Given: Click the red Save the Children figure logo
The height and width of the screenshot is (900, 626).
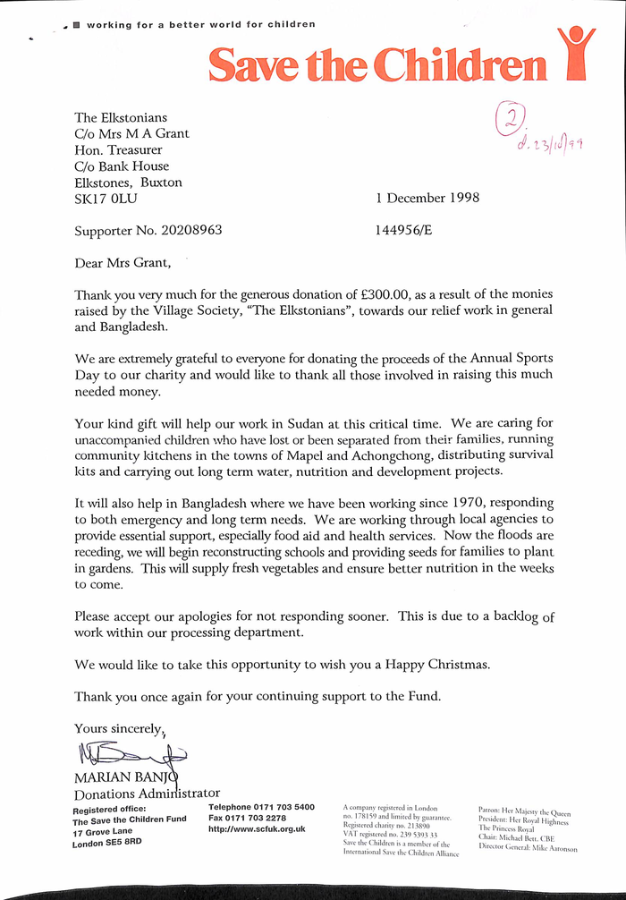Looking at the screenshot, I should (x=575, y=54).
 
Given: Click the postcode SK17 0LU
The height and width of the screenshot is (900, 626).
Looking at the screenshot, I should (x=106, y=199).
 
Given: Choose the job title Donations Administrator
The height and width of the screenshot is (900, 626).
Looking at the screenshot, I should (x=147, y=793).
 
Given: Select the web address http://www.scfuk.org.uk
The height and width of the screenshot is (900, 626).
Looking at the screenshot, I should (x=257, y=829).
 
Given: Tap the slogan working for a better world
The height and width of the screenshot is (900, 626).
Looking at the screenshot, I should (x=200, y=24).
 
